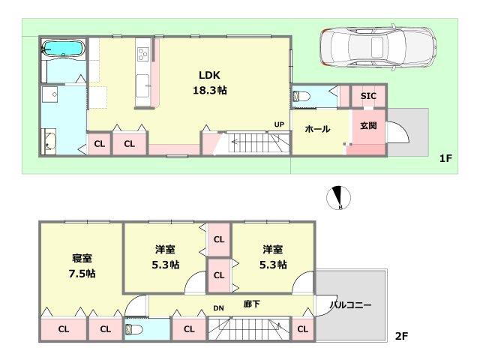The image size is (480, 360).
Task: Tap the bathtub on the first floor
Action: (x=62, y=50)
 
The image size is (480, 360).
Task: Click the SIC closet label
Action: (x=368, y=96)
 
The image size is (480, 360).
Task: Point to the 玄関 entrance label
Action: (x=367, y=126)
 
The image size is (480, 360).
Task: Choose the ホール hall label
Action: (x=317, y=129)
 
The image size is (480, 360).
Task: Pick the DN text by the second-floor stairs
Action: (x=218, y=307)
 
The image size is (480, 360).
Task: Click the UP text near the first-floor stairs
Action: (x=278, y=124)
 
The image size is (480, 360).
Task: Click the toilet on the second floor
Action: (x=134, y=330)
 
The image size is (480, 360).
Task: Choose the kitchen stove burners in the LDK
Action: (x=142, y=54)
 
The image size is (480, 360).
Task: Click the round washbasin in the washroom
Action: (x=49, y=140)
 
